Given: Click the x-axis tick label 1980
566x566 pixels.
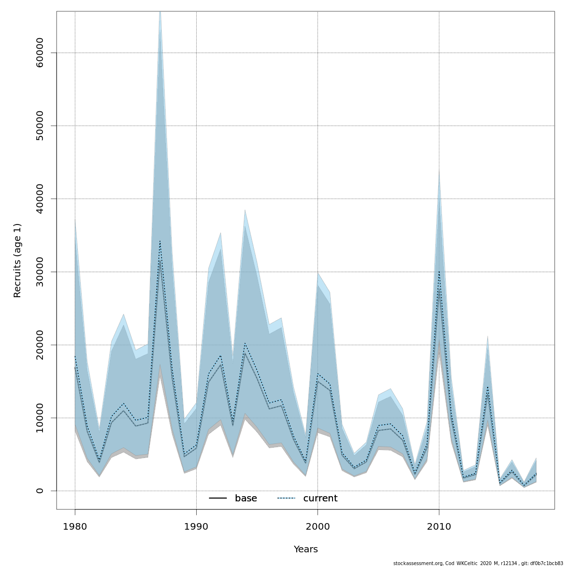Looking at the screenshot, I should point(75,526).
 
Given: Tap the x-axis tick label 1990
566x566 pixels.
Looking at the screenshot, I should point(196,526).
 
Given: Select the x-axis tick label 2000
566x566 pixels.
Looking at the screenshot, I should point(317,526).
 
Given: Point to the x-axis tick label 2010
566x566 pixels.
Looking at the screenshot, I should point(439,526).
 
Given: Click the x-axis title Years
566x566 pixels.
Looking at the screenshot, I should point(306,549).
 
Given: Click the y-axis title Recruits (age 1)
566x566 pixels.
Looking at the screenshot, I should point(17,260).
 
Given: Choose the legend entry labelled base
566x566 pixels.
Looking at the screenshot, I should point(246,499).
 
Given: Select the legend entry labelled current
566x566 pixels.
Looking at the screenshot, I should point(320,499).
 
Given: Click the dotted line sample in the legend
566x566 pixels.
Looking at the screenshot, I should point(286,499).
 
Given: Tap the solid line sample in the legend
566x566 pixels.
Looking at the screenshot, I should point(218,499).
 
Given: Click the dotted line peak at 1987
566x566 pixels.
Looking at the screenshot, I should point(160,241).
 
